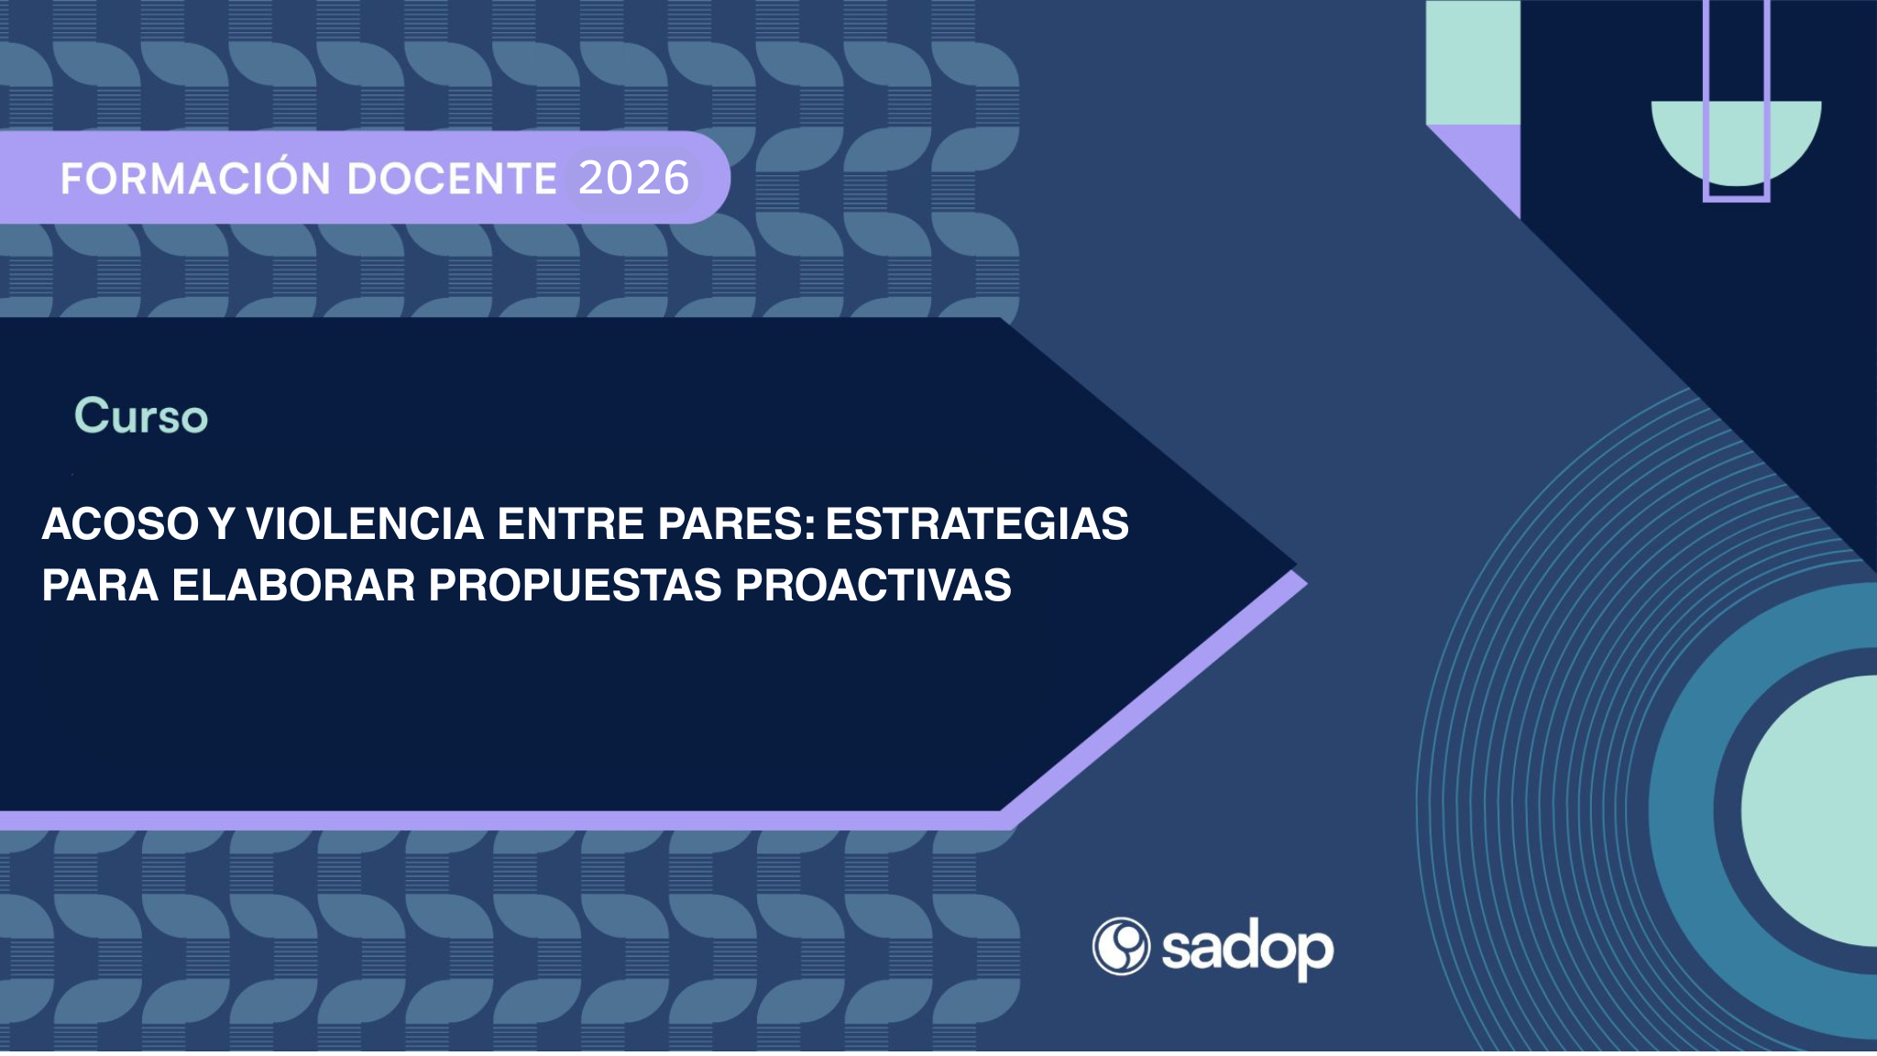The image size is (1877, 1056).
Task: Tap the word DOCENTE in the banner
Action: pyautogui.click(x=452, y=179)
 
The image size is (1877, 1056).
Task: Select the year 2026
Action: pyautogui.click(x=634, y=178)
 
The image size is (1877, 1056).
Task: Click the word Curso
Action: pyautogui.click(x=141, y=416)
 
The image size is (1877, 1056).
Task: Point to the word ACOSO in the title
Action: pyautogui.click(x=120, y=524)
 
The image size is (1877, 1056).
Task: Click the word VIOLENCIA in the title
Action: pyautogui.click(x=365, y=524)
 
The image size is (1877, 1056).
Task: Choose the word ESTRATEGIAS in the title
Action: pyautogui.click(x=977, y=524)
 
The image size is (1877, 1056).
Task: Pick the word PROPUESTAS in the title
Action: pyautogui.click(x=575, y=585)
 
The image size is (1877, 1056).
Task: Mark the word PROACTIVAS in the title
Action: pyautogui.click(x=873, y=585)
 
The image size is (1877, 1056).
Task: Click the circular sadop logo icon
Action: pyautogui.click(x=1120, y=946)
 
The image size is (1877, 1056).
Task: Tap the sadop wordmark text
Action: pyautogui.click(x=1247, y=950)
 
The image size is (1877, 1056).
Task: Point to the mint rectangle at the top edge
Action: pyautogui.click(x=1473, y=62)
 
